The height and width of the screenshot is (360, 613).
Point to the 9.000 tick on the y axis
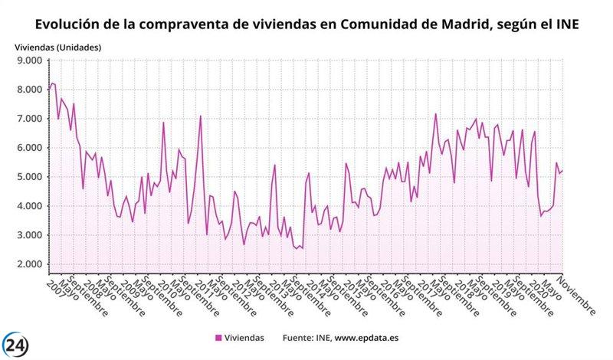point(28,61)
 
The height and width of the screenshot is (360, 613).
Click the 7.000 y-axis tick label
point(28,119)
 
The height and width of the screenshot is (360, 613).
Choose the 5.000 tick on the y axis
point(28,177)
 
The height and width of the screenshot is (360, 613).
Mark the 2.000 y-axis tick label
point(28,264)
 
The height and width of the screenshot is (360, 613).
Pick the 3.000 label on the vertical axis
point(28,235)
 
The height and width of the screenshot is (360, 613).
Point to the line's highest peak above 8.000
point(52,83)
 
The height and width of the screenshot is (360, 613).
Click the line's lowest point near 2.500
point(297,250)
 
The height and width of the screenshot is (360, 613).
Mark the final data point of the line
point(563,170)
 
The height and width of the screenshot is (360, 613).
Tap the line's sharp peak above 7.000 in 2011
point(201,116)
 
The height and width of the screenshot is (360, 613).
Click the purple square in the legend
point(218,337)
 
